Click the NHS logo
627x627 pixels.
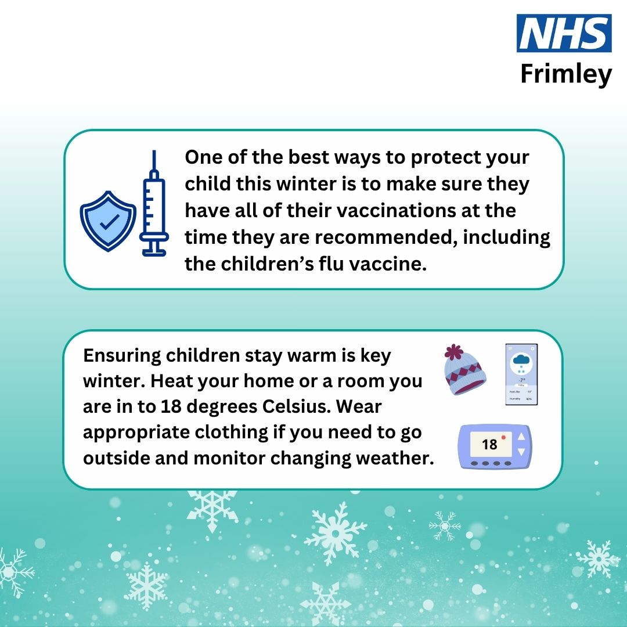tap(564, 34)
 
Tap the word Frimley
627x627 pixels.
tap(565, 74)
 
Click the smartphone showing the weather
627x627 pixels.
tap(521, 374)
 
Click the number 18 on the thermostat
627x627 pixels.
tap(489, 444)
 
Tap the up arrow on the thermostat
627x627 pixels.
tap(521, 437)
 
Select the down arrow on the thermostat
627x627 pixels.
tap(521, 451)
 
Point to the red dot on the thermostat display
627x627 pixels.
tap(503, 437)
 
